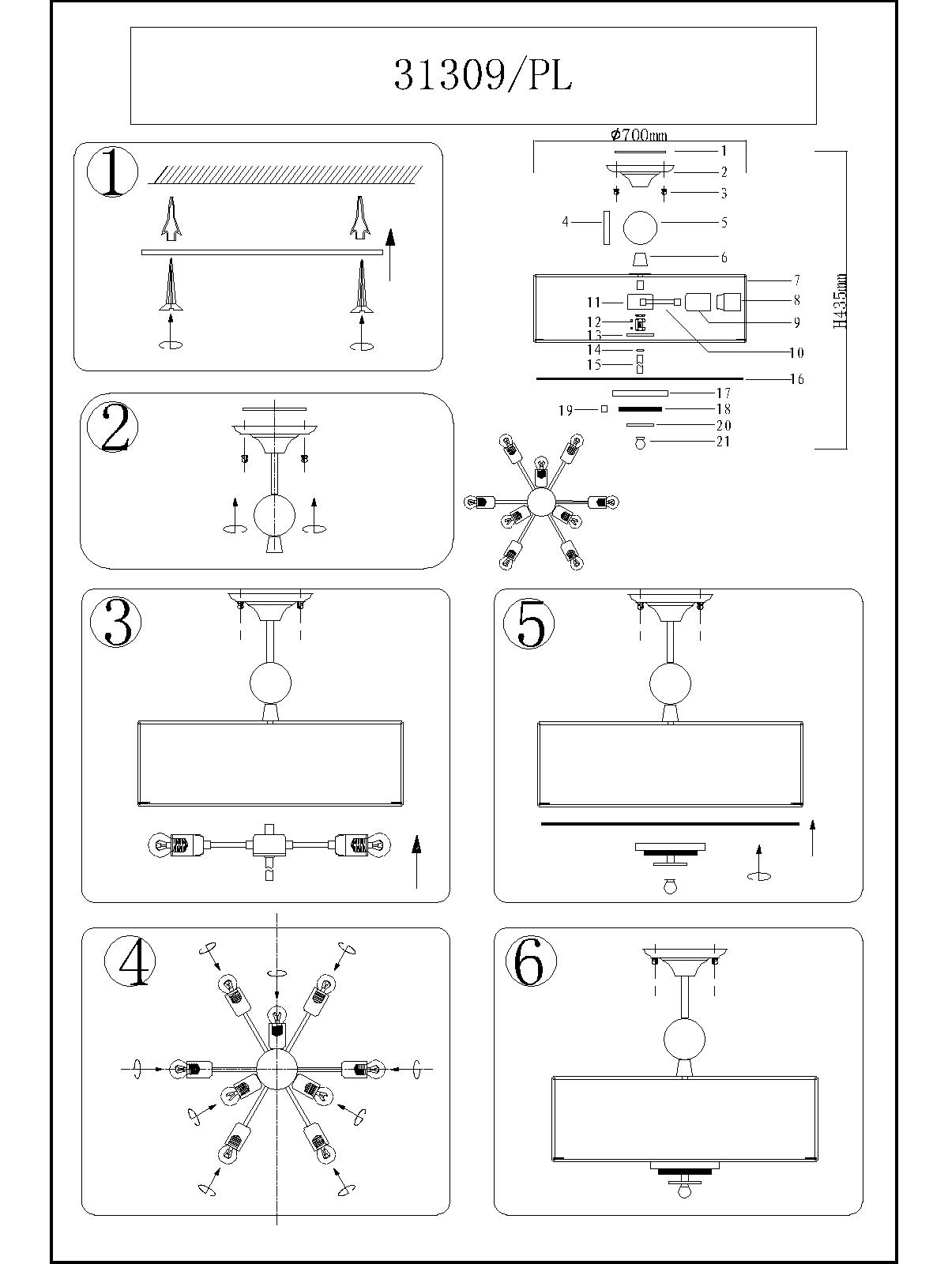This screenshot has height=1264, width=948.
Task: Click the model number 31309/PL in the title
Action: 483,76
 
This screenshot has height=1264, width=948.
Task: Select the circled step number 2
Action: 113,429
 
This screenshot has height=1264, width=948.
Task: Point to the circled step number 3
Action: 117,623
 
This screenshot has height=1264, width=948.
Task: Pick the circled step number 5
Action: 529,623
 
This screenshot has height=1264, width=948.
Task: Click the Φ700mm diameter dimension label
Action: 639,136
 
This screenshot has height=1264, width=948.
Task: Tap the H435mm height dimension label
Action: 841,301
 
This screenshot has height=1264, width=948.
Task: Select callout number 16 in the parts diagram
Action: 796,380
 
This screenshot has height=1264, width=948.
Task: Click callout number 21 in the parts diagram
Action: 723,442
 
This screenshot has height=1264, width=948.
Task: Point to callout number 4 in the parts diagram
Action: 565,223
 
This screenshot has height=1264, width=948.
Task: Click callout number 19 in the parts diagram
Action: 565,411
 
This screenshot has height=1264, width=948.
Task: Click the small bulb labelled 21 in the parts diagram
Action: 641,443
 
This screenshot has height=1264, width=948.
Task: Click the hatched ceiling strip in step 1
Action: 286,174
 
